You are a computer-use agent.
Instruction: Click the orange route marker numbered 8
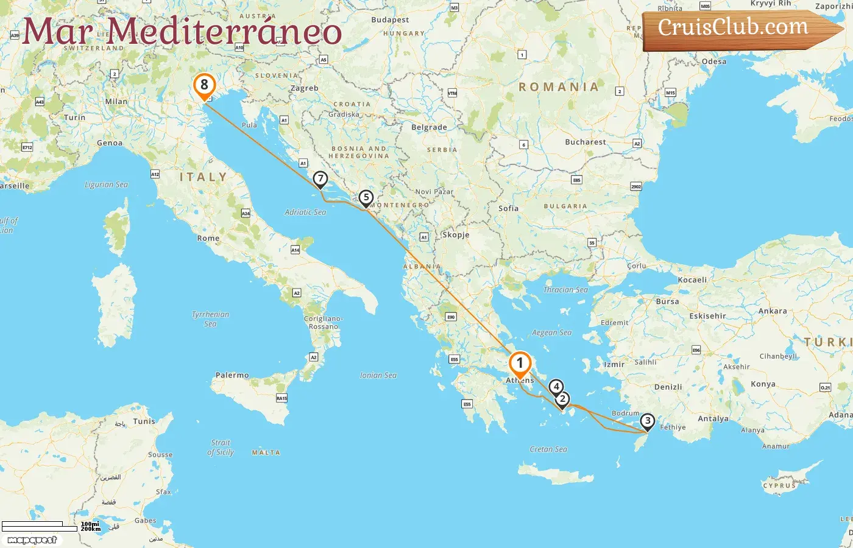(204, 85)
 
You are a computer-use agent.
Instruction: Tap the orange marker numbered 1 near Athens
(520, 364)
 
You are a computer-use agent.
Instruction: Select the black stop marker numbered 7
(320, 179)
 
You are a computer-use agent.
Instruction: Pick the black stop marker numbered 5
(366, 197)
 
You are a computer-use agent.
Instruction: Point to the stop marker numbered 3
(647, 421)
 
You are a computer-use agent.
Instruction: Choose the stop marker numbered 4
(555, 387)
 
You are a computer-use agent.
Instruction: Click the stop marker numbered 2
(562, 399)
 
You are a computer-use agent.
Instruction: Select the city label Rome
(208, 238)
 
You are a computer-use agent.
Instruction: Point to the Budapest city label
(390, 19)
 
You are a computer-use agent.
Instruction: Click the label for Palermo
(232, 375)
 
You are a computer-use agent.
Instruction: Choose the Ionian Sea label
(378, 375)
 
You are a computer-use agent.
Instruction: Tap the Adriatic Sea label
(305, 212)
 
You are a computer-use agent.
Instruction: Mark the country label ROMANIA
(559, 87)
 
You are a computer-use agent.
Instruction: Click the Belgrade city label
(429, 127)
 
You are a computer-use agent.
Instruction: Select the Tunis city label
(144, 421)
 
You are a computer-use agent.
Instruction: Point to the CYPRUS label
(780, 485)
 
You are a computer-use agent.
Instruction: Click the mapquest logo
(32, 540)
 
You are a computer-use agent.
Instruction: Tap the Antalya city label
(713, 418)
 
